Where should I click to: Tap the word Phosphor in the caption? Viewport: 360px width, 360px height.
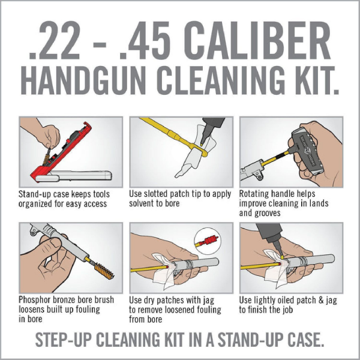point(38,301)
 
